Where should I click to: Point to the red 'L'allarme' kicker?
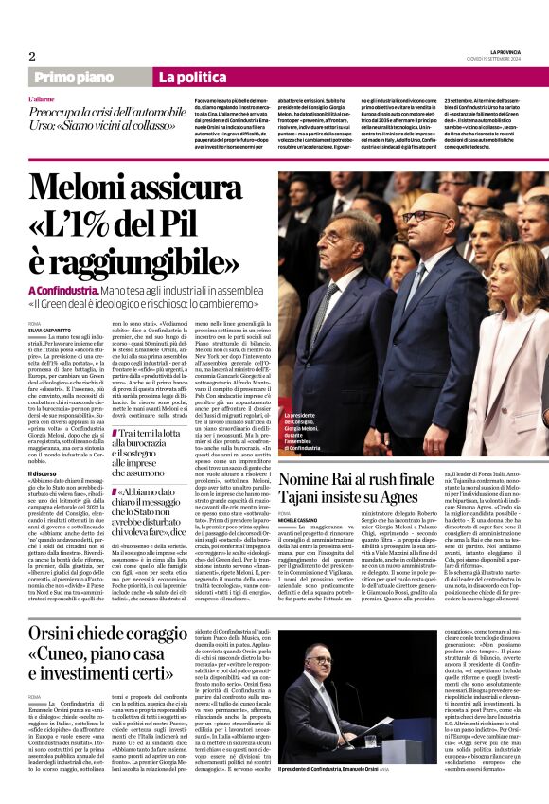42,98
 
